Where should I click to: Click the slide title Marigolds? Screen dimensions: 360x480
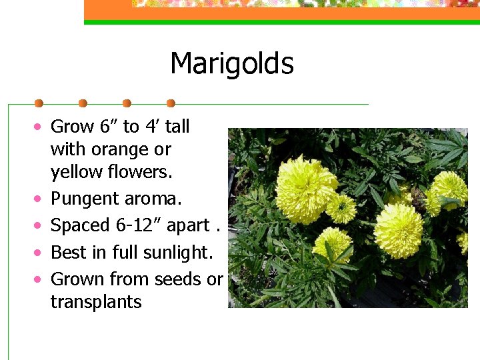click(231, 64)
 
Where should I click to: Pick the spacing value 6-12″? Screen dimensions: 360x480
click(139, 225)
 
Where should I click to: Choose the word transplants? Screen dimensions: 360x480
click(96, 302)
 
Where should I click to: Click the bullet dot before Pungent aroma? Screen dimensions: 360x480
click(40, 199)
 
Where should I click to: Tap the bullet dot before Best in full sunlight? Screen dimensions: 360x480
click(40, 253)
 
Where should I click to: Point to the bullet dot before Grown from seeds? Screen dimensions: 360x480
click(40, 279)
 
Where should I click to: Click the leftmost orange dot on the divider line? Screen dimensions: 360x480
click(39, 103)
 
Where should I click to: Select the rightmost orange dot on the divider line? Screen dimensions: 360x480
click(171, 103)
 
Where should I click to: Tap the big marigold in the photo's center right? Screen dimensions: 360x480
click(398, 230)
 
